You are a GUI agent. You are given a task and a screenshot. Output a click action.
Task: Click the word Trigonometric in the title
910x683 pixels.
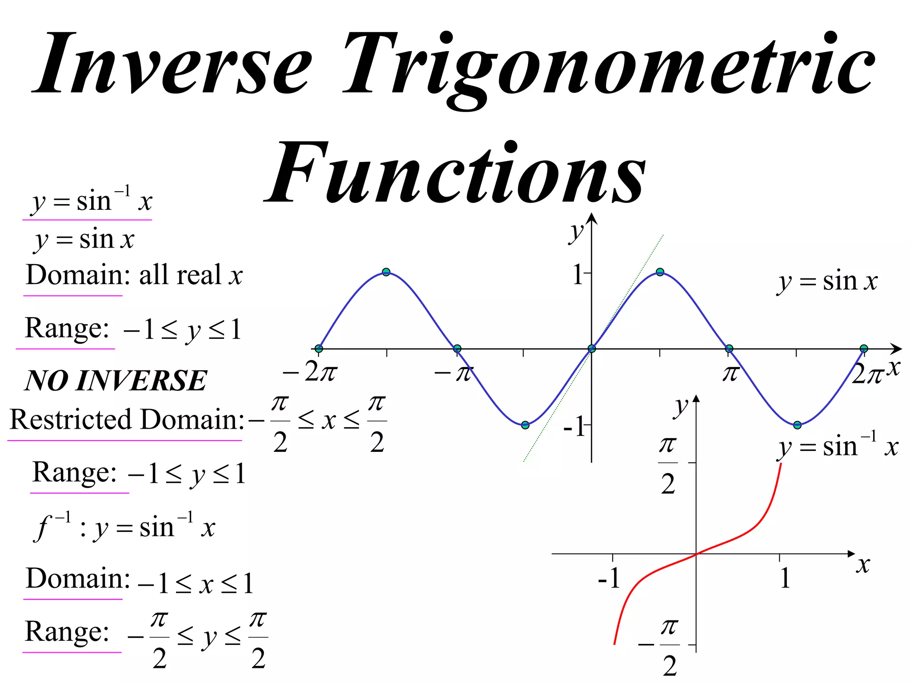tap(609, 64)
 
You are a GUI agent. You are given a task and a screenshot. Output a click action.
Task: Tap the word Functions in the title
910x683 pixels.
tap(455, 173)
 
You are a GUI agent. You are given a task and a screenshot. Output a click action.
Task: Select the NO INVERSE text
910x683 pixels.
tap(116, 381)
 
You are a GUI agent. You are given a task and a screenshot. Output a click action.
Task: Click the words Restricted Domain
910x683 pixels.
tap(127, 419)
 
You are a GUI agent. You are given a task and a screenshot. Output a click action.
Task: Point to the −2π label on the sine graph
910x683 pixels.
tap(310, 372)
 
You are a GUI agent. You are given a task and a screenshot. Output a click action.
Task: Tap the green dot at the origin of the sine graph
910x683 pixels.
tap(591, 349)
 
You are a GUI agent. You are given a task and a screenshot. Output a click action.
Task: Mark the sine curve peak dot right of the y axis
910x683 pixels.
tap(660, 272)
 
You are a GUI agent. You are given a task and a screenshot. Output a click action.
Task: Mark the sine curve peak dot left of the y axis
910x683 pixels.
tap(386, 272)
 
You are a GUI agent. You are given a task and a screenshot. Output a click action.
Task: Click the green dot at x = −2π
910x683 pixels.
tap(319, 349)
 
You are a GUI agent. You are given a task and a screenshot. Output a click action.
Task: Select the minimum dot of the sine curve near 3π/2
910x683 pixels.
tap(797, 425)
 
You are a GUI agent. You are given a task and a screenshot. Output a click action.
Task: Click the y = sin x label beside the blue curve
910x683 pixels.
tap(828, 281)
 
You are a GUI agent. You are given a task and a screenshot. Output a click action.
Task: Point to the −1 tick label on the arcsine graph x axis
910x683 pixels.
tap(609, 578)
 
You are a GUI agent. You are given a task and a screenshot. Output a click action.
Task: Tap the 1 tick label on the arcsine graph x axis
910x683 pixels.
tap(785, 578)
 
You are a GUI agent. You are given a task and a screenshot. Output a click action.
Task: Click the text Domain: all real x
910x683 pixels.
tap(134, 275)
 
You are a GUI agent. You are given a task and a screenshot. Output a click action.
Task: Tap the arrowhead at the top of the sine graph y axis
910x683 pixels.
tap(591, 218)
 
